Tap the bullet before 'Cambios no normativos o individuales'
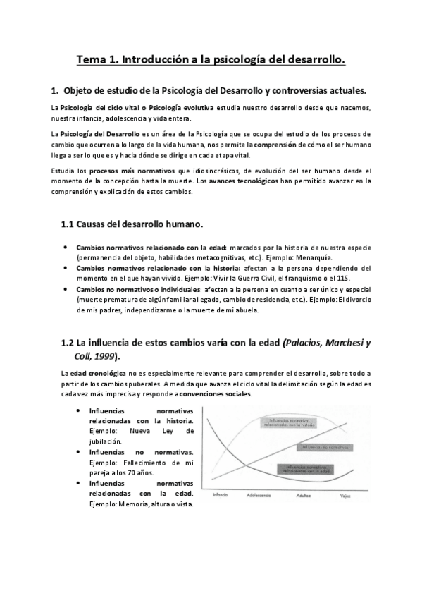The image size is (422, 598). pos(66,289)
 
